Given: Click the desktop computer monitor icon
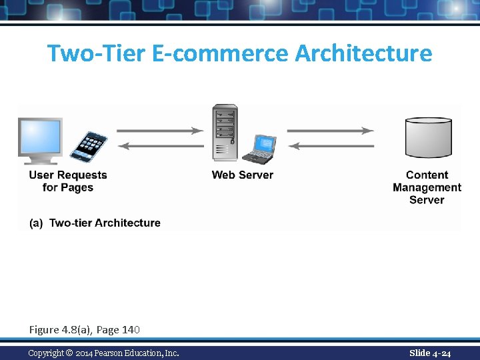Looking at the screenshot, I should click(40, 139).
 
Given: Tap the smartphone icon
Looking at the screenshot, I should click(89, 146).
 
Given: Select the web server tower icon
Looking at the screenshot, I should click(225, 132).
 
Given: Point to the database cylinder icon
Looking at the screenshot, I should click(428, 138).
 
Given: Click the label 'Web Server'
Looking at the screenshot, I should click(242, 175).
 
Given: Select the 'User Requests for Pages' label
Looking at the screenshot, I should click(68, 181).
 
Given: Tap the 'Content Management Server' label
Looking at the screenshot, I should click(427, 187).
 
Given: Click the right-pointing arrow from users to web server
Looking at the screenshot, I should click(160, 131).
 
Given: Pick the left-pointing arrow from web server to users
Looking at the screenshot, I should click(160, 146).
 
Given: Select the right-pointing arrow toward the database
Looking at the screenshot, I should click(331, 131).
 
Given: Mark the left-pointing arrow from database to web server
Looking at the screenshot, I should click(331, 146).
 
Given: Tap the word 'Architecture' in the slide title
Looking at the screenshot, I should click(363, 53).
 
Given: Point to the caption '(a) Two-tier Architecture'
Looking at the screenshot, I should click(95, 223).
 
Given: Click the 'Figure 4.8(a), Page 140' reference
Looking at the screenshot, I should click(84, 329).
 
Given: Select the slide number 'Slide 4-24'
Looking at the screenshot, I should click(430, 353).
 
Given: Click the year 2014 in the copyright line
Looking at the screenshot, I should click(84, 353).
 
